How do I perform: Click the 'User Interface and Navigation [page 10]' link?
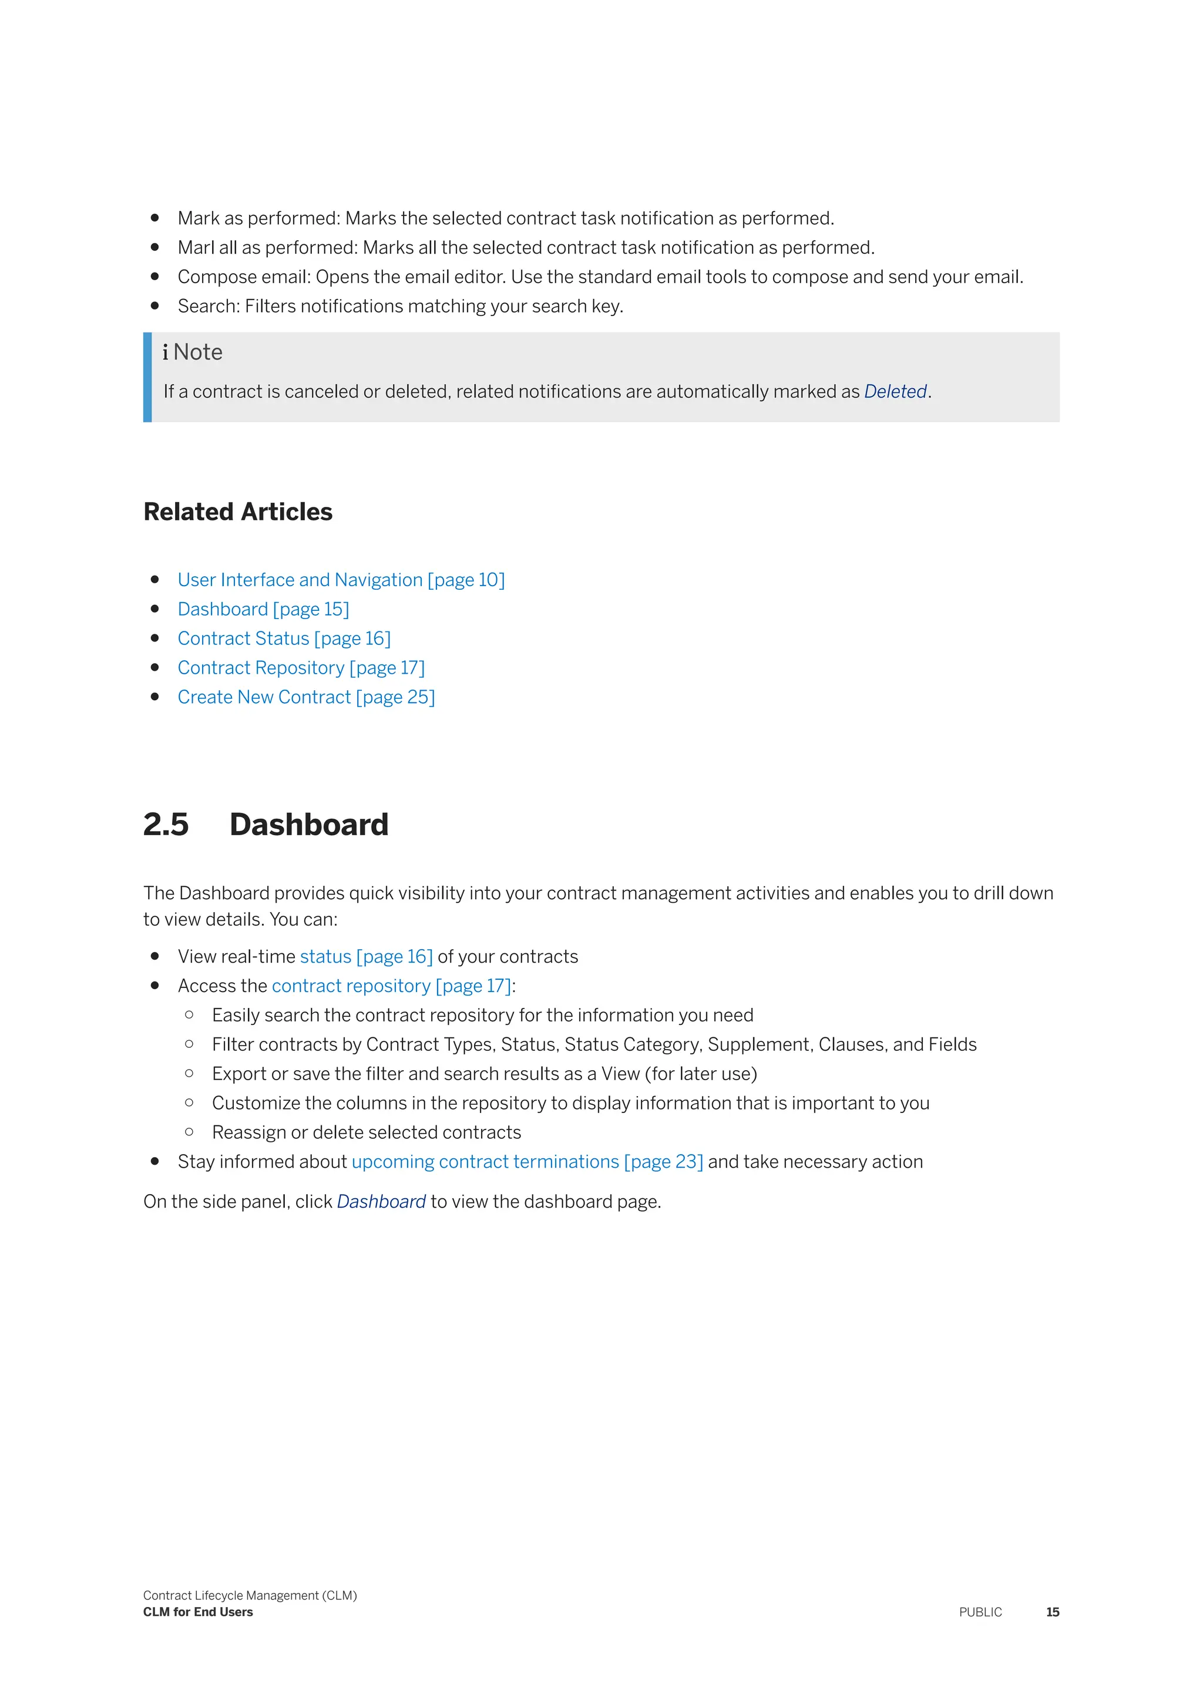341,580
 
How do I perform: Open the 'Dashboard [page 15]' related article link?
263,609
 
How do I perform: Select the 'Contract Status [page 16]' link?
284,638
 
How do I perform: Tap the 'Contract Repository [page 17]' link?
301,668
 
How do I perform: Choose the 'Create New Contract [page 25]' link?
306,697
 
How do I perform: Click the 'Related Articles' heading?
238,512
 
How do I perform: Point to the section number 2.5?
166,825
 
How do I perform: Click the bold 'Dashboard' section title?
309,825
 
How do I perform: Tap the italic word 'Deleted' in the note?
895,392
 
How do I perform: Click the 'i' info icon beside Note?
165,352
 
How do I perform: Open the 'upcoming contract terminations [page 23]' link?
527,1162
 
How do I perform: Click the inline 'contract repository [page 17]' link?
391,986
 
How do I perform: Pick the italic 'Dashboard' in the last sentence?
381,1202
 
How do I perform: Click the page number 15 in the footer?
1052,1612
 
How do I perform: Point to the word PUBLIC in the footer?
980,1612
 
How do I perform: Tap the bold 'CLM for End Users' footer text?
198,1612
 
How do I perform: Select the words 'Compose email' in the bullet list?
244,277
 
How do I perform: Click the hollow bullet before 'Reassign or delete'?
190,1132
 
